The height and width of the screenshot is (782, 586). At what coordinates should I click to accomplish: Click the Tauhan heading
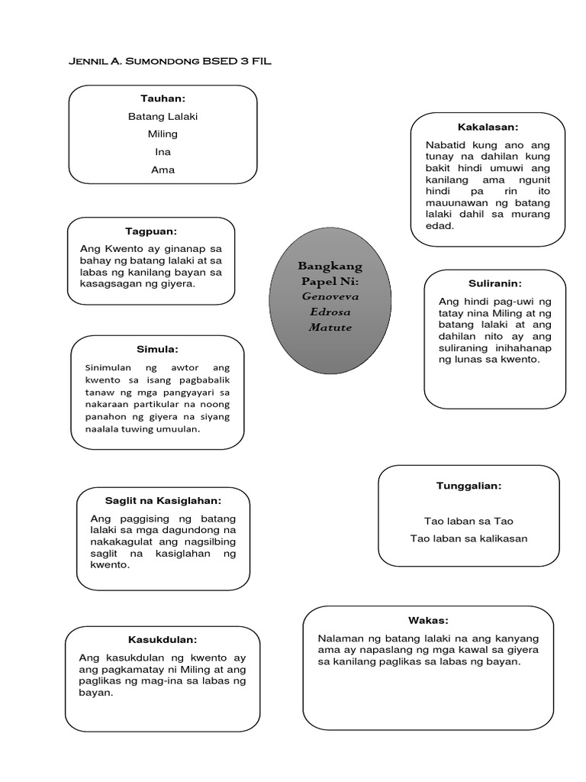click(163, 99)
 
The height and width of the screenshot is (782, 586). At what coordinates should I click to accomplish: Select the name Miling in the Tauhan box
click(163, 134)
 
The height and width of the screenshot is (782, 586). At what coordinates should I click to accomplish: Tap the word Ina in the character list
click(163, 152)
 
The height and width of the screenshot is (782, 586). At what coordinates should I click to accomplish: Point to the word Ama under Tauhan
click(163, 170)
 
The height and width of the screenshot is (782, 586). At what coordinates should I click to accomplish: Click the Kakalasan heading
click(488, 126)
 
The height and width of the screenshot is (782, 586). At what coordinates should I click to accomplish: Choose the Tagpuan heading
click(151, 231)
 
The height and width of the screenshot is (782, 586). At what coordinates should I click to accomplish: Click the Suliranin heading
click(494, 283)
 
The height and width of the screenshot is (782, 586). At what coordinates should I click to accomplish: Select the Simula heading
click(157, 349)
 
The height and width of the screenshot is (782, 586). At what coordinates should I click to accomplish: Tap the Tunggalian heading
click(468, 485)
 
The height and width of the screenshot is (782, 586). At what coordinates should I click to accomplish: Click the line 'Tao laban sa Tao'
click(468, 521)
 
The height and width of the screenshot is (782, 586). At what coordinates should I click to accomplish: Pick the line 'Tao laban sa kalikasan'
click(468, 538)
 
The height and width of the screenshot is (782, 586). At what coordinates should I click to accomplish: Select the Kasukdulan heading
click(163, 639)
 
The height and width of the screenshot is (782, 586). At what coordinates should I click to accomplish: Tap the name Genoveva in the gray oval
click(330, 295)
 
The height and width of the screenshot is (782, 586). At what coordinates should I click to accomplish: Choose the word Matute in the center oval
click(330, 327)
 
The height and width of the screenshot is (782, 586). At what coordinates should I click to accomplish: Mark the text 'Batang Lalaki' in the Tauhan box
click(163, 116)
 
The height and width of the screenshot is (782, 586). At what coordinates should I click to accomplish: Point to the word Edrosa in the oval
click(330, 311)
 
